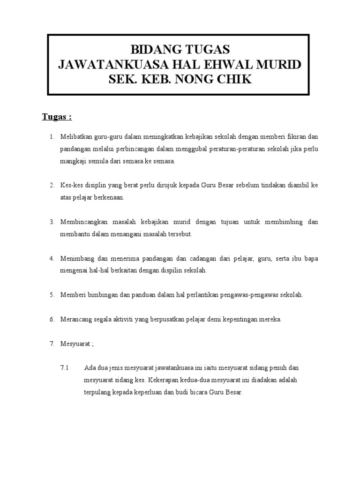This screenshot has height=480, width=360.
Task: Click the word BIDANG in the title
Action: point(152,49)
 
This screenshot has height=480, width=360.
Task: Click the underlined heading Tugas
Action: point(54,117)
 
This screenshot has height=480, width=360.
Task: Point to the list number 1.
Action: point(52,137)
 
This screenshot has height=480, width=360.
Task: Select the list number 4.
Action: point(52,258)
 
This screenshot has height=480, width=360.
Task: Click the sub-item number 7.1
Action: point(65,368)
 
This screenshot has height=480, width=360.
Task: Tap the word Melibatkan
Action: point(76,137)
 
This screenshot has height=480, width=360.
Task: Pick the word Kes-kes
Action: point(70,186)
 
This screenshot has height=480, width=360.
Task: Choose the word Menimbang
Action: point(77,258)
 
